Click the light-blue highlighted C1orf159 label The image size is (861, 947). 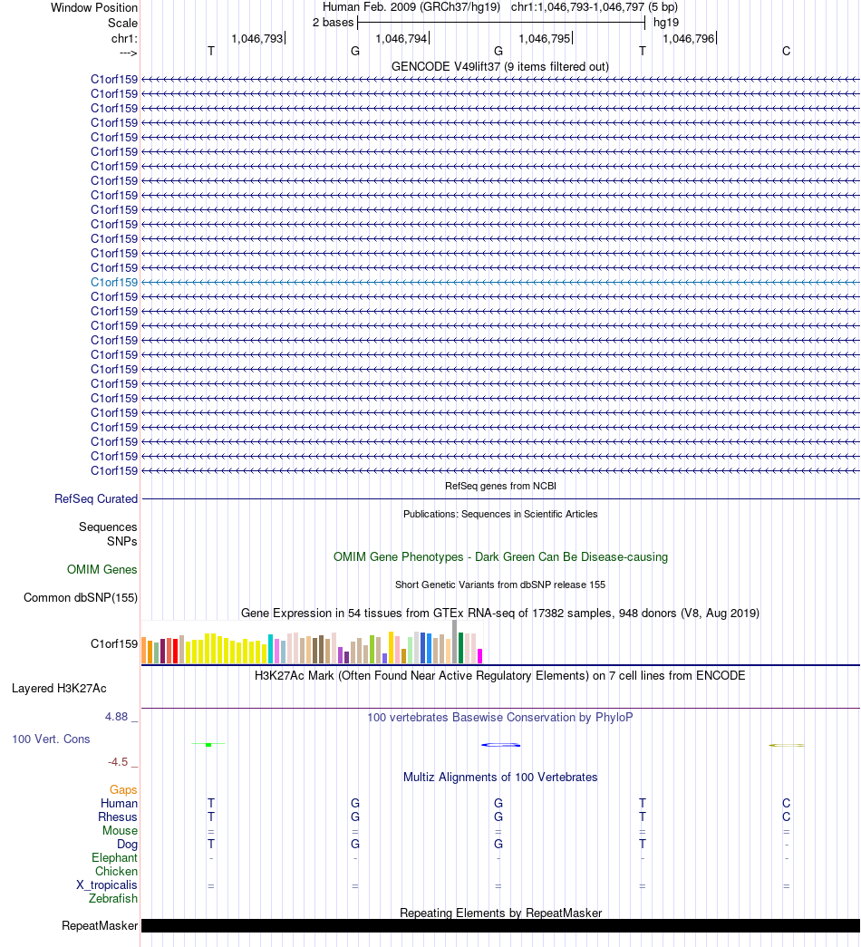[114, 282]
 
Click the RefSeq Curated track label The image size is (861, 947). [96, 498]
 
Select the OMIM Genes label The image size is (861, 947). [102, 569]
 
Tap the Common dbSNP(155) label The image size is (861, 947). [81, 597]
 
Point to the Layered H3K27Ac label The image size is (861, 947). [59, 689]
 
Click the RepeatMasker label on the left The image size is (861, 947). [100, 926]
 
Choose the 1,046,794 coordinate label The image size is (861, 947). [401, 39]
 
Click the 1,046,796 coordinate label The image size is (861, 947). [689, 39]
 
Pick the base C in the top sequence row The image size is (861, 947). [786, 52]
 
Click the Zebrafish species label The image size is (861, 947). [113, 899]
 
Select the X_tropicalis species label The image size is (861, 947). [107, 884]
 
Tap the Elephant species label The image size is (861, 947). [115, 857]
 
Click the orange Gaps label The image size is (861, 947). [123, 789]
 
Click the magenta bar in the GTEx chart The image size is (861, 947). [479, 656]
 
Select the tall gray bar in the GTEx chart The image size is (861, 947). [454, 643]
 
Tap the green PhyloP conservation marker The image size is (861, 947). [208, 745]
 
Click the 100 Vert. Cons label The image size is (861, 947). [51, 739]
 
